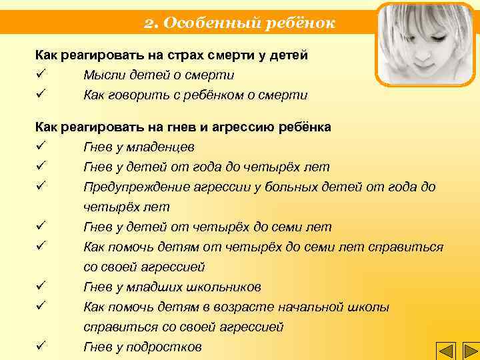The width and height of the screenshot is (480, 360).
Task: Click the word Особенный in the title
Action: click(198, 23)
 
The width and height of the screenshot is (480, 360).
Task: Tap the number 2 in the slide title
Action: click(149, 23)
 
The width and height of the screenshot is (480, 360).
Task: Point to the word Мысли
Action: click(102, 75)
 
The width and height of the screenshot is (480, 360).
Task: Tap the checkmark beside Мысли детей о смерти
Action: click(41, 75)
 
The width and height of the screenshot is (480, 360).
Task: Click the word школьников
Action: click(223, 287)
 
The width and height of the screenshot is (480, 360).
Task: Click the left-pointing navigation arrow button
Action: click(445, 351)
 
